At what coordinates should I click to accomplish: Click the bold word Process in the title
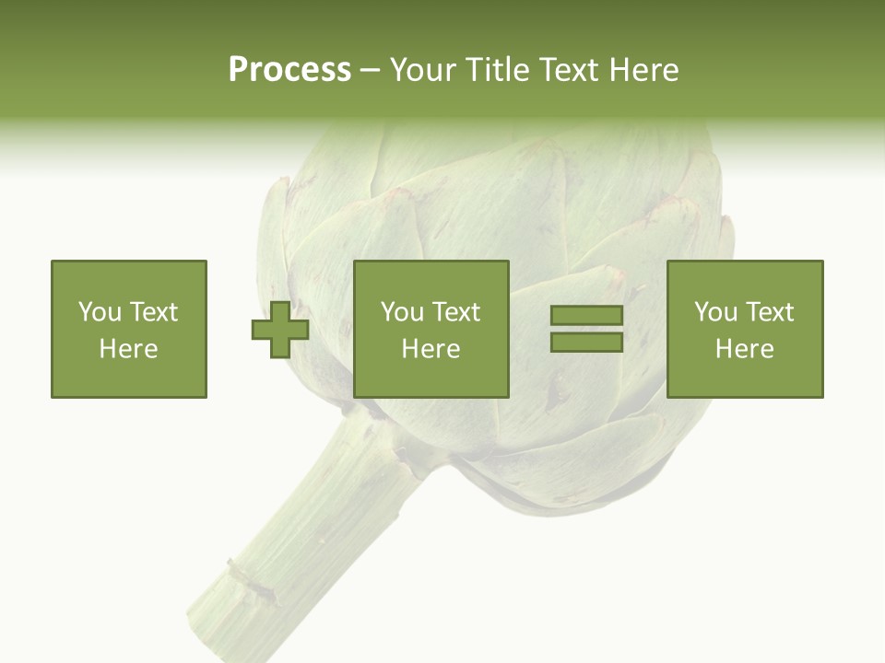(289, 70)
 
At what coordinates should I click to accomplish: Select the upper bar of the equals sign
(586, 316)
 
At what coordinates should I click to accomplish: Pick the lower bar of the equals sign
(586, 342)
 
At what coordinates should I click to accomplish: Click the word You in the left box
(99, 312)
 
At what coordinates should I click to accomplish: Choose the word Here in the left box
(128, 349)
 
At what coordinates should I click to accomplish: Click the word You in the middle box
(402, 312)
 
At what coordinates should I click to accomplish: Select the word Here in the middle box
(431, 349)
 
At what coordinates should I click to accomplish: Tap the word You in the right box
(715, 312)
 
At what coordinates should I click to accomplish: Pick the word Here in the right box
(745, 349)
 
